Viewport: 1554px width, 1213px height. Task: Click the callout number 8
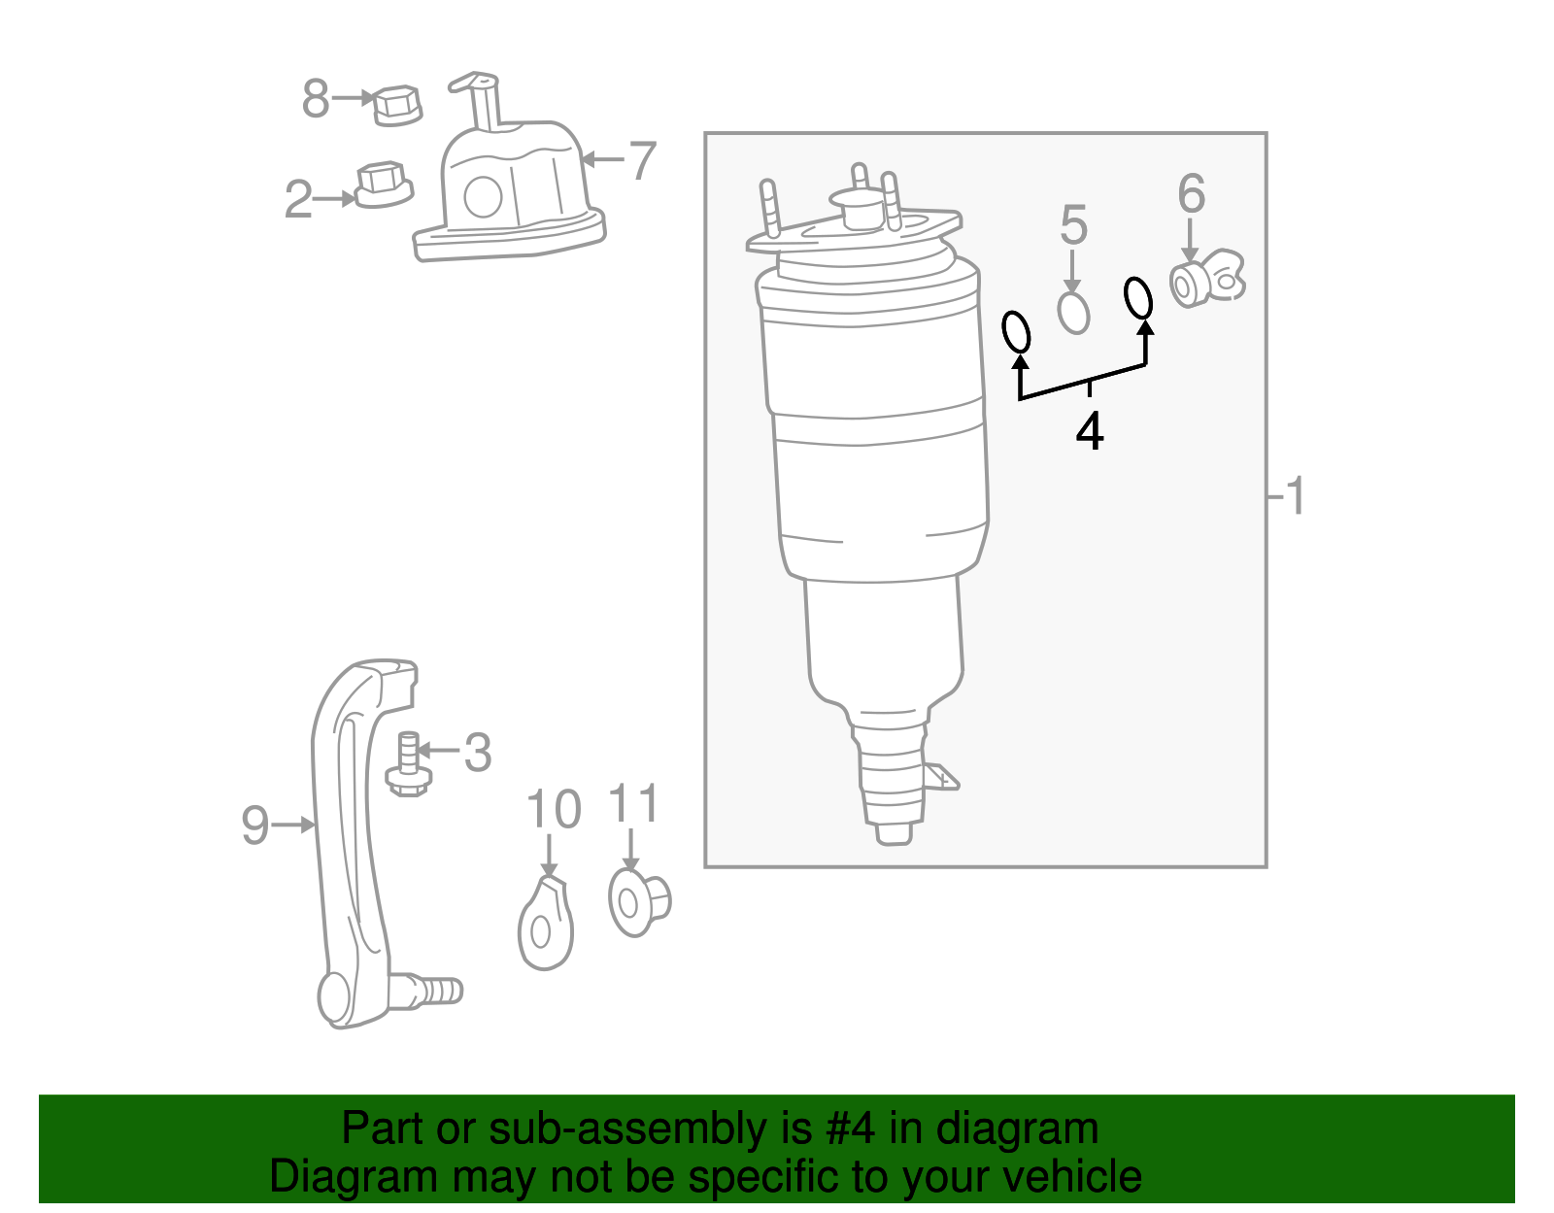pos(315,99)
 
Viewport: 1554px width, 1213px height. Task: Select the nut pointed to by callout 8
pos(397,105)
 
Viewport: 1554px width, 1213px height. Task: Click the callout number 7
pos(642,160)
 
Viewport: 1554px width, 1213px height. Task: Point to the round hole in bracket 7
pos(483,197)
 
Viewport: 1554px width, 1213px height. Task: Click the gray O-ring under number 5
pos(1073,313)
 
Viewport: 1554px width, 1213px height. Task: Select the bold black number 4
pos(1090,432)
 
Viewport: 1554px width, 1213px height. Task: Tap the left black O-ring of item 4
pos(1016,332)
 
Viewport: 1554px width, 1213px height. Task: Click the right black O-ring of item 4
pos(1138,298)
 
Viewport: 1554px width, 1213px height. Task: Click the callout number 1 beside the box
pos(1295,496)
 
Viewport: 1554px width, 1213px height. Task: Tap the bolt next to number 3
pos(408,767)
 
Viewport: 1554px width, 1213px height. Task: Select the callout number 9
pos(254,826)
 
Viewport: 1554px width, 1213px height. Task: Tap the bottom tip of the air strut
pos(894,832)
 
